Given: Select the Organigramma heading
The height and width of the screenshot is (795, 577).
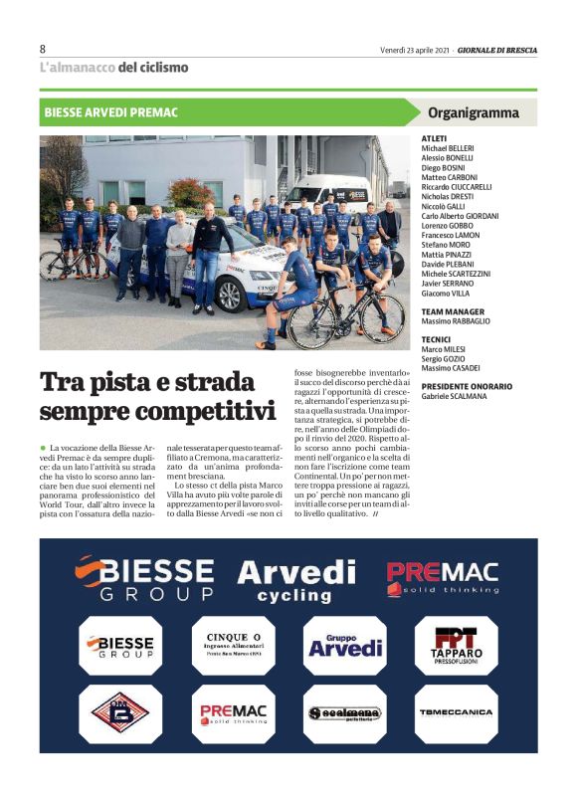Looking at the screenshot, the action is tap(473, 112).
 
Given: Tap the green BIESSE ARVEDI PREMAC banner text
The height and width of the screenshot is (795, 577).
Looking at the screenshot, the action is tap(110, 112).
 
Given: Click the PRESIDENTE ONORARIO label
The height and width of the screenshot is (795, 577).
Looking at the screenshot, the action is tap(467, 386).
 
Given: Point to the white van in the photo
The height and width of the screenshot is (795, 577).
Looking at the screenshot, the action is tap(328, 194).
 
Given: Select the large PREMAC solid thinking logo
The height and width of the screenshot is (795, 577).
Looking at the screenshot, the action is tap(442, 577).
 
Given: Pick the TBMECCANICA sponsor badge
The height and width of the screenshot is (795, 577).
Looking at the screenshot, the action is tap(455, 712).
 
